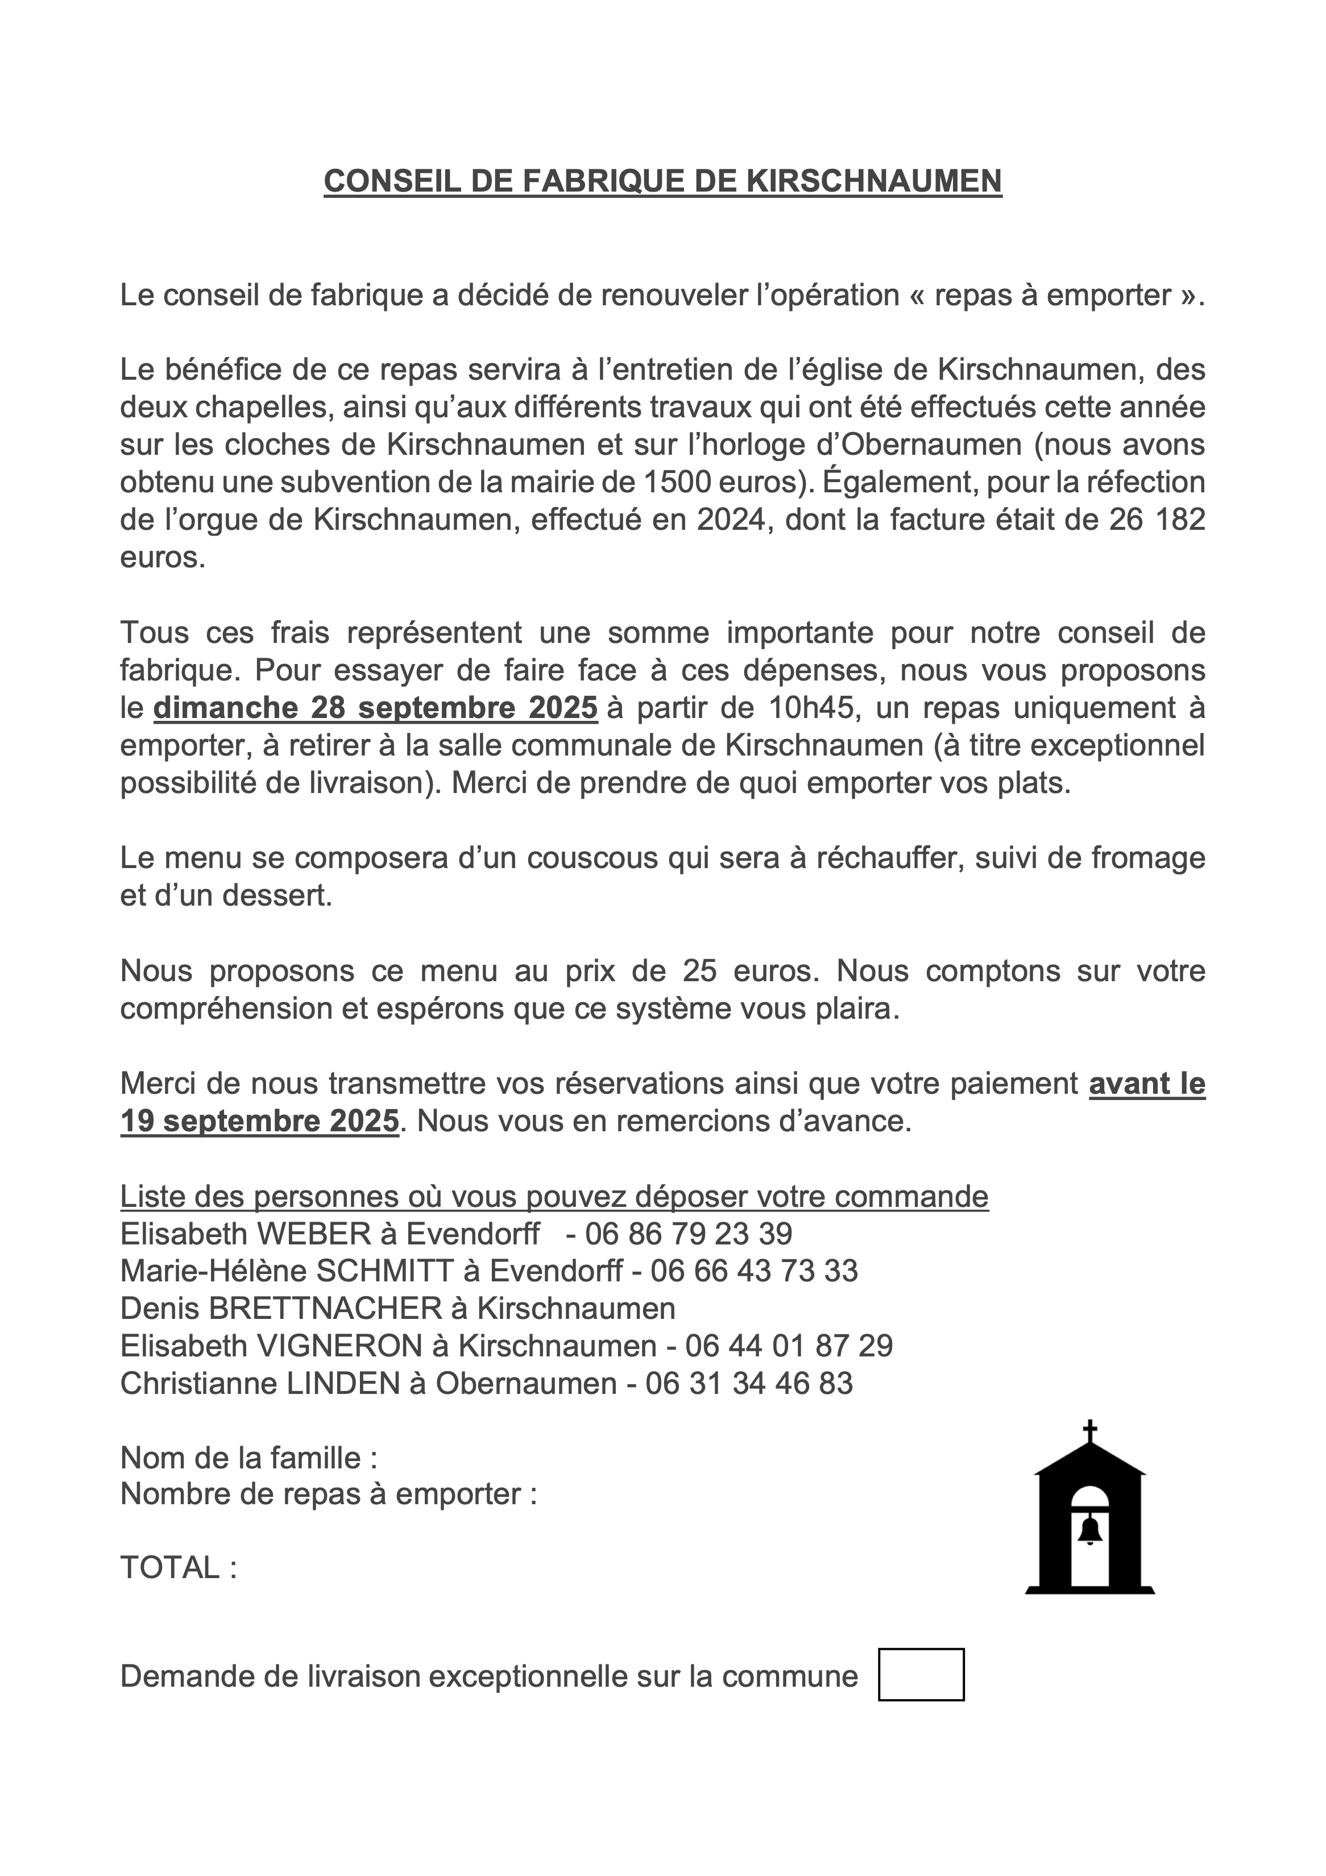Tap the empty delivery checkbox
921,1675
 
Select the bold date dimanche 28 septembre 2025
376,708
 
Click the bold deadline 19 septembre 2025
260,1120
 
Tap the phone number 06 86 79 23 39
688,1233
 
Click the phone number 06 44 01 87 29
789,1346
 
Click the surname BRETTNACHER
325,1308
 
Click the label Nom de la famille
240,1458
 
